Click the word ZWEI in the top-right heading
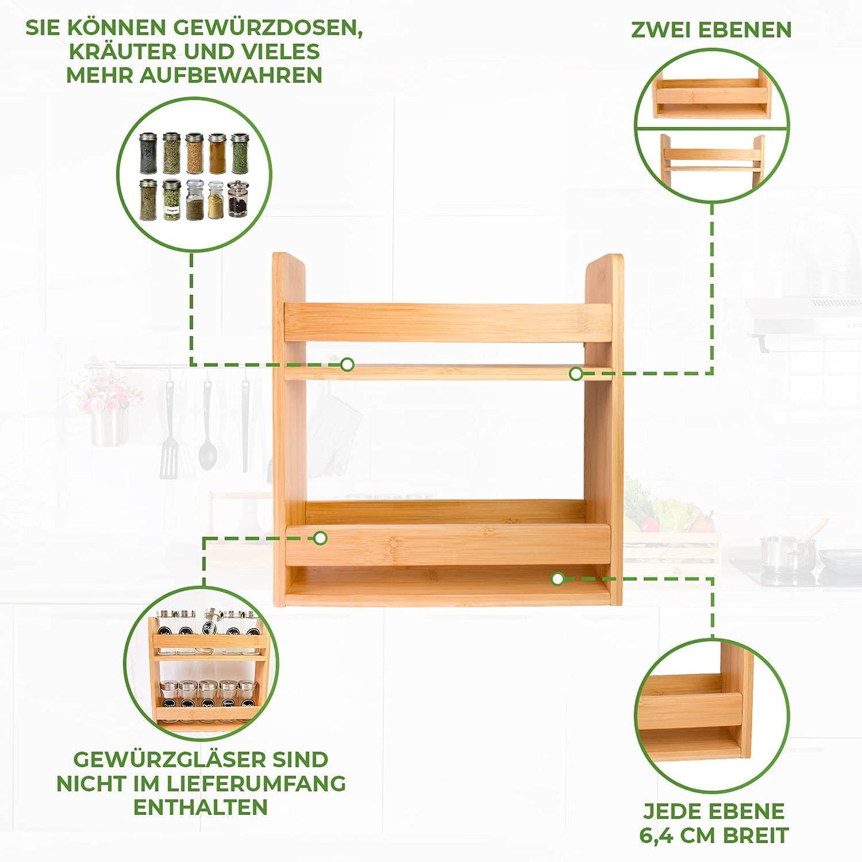661,29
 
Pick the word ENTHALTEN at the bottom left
200,807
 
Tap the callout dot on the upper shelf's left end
347,364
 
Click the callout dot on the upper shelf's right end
576,373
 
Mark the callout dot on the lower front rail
320,537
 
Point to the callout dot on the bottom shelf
557,579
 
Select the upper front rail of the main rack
448,323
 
